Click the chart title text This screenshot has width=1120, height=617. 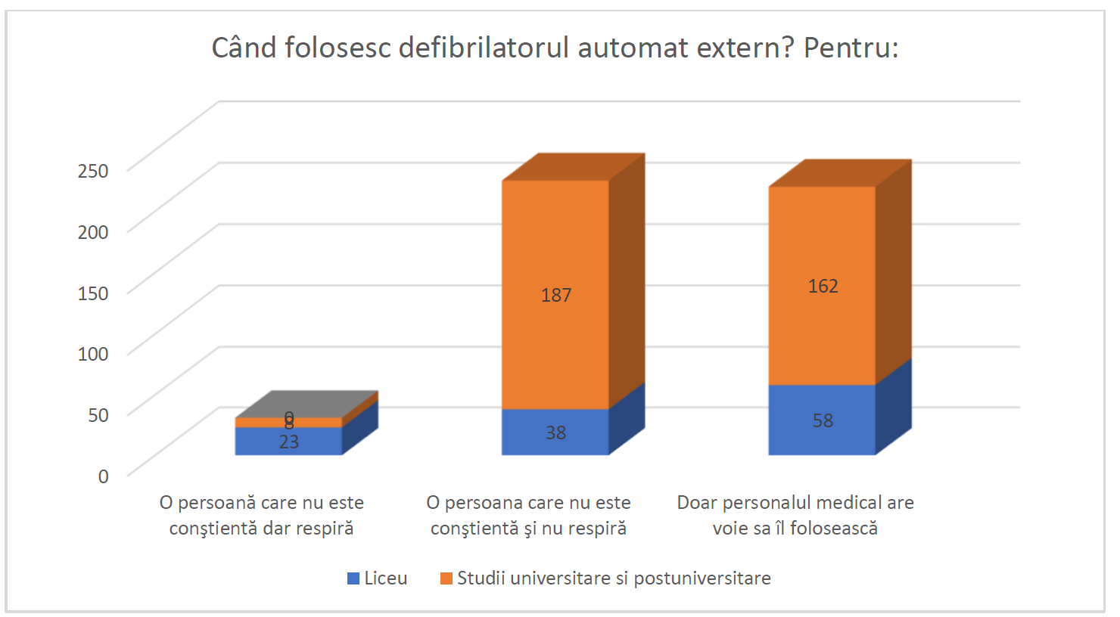click(555, 48)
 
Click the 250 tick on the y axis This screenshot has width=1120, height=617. click(93, 170)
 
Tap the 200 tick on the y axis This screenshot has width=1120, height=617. click(93, 231)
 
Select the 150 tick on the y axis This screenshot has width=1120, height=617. click(93, 293)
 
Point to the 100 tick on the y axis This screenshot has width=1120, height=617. click(93, 353)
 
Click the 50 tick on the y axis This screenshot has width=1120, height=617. click(98, 414)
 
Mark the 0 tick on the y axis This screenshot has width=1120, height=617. click(103, 476)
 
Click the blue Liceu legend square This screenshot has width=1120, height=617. click(353, 578)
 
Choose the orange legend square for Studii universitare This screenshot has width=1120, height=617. click(446, 578)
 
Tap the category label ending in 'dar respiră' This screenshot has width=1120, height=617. click(262, 515)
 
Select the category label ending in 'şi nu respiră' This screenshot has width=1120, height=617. click(528, 515)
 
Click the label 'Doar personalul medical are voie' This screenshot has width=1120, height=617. click(795, 515)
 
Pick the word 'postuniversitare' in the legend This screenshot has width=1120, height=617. click(702, 578)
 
